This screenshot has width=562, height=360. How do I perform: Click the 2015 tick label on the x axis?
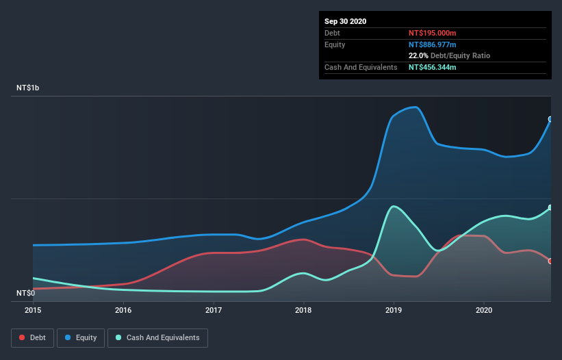pos(33,310)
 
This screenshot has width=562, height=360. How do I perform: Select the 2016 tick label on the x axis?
pos(123,310)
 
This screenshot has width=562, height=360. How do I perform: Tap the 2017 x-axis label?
pos(214,310)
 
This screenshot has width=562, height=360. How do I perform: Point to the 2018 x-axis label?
pos(303,310)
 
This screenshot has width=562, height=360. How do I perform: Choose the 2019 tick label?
pos(394,310)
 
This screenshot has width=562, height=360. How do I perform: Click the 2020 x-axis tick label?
pos(484,310)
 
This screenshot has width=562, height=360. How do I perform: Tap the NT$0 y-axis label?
pos(25,294)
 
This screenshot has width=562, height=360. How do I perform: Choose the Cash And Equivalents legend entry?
pos(157,337)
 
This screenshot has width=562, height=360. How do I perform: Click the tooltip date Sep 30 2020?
pos(346,21)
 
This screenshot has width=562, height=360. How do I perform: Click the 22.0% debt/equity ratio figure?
pos(418,55)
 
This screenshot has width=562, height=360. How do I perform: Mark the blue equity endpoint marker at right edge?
pos(550,119)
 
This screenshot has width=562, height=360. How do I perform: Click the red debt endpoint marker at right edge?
pos(550,261)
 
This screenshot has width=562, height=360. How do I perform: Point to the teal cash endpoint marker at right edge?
pos(550,207)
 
